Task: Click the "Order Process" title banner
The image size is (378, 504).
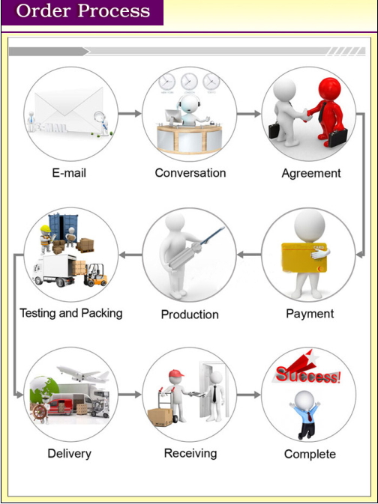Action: click(82, 13)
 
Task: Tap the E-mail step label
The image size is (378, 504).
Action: click(69, 173)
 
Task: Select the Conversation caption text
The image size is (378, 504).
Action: click(190, 173)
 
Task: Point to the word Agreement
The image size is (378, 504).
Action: click(311, 174)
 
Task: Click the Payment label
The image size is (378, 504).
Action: click(310, 314)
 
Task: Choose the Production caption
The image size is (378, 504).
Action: click(190, 315)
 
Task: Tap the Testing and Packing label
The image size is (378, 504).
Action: click(71, 313)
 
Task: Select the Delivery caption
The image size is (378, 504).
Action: click(70, 454)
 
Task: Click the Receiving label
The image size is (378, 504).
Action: click(190, 454)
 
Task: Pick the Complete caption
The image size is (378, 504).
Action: click(310, 454)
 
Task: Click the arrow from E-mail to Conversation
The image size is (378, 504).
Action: click(130, 114)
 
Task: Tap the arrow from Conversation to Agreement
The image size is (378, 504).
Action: click(249, 114)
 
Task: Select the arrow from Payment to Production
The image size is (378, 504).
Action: click(249, 255)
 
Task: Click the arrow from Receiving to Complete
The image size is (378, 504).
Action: click(249, 395)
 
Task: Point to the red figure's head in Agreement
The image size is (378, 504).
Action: click(329, 88)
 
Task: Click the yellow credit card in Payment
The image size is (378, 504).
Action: click(304, 258)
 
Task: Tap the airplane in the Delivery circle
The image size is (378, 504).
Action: click(83, 374)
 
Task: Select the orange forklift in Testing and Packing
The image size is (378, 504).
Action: click(95, 275)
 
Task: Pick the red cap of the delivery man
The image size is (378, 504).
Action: click(176, 374)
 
